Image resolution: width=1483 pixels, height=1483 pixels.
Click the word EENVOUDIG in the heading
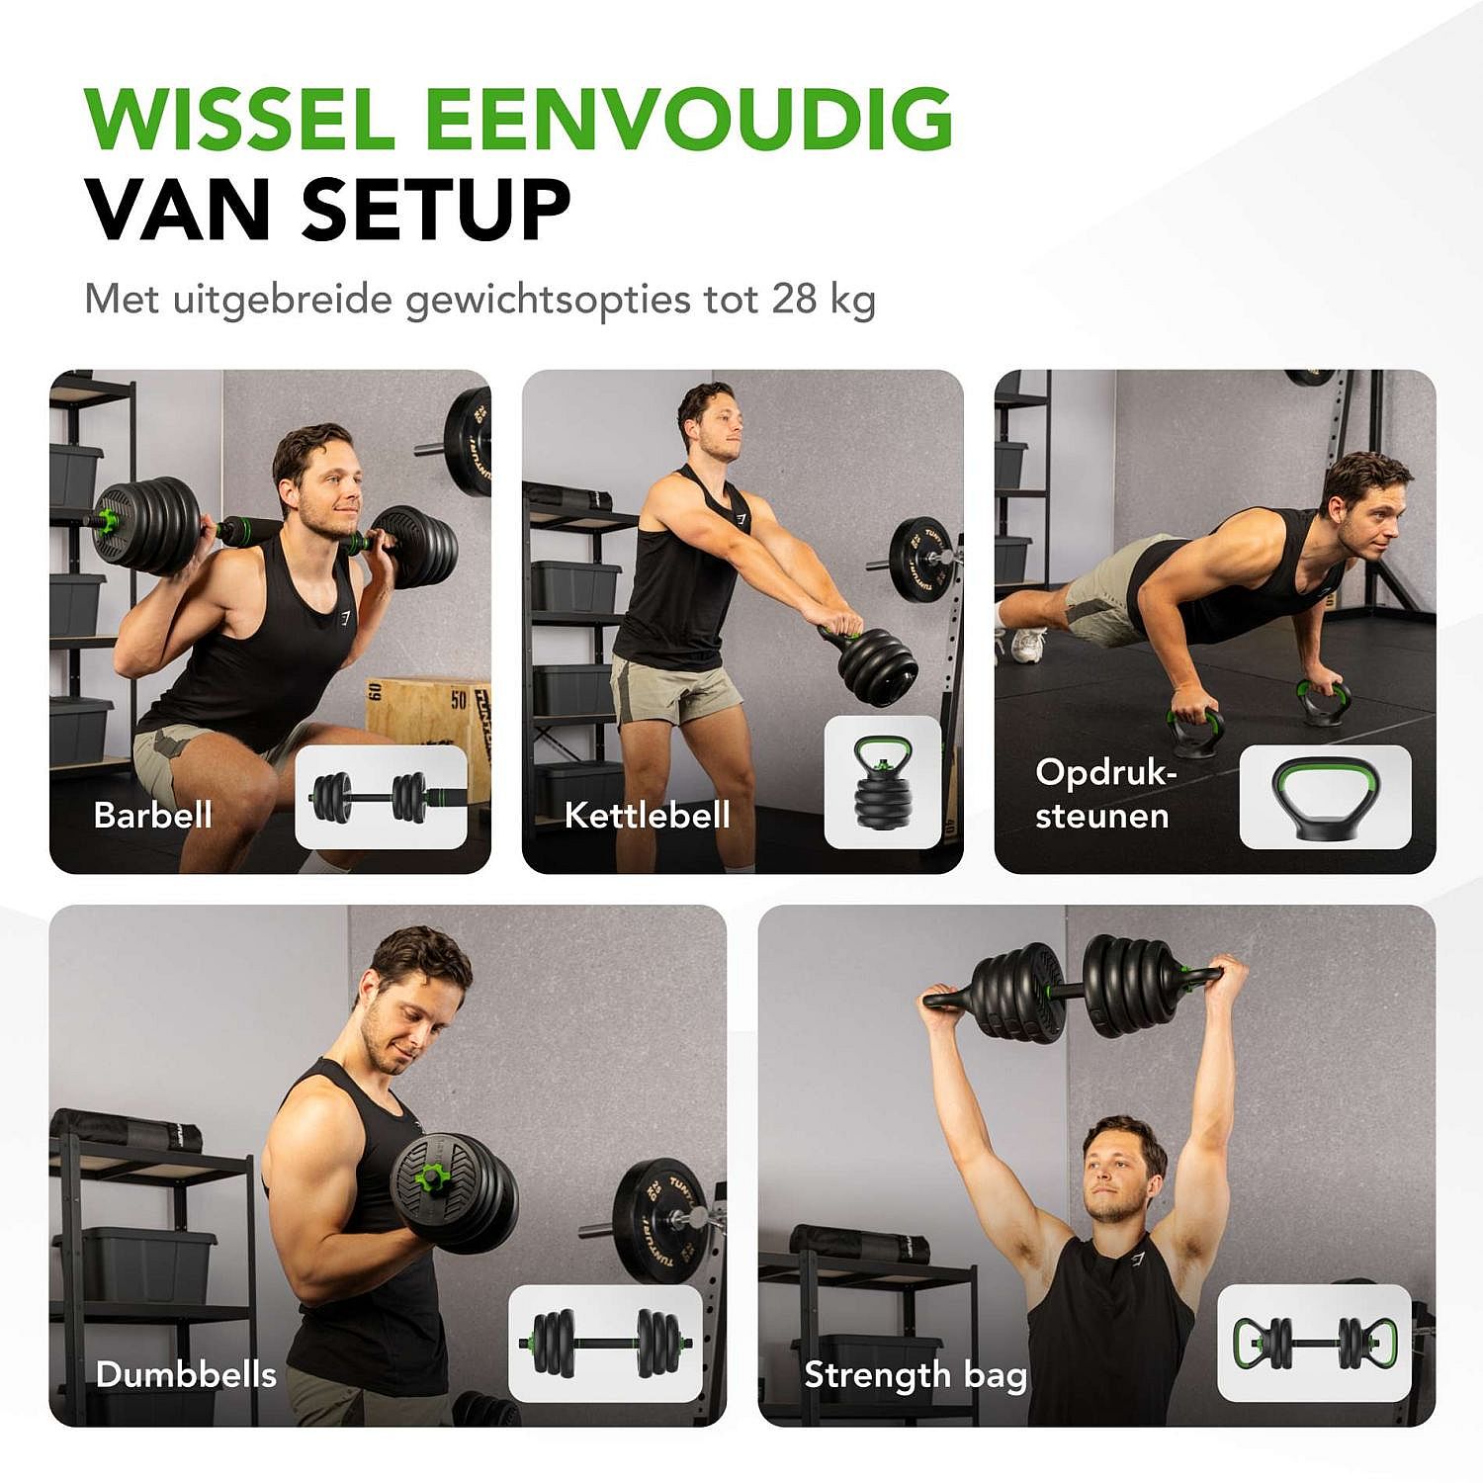[688, 120]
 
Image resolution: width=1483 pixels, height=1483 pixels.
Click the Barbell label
[152, 815]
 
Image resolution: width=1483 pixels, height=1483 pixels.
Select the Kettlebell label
[647, 815]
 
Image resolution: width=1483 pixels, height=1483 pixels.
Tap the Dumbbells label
[186, 1374]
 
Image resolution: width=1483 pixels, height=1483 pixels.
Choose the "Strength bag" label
[916, 1374]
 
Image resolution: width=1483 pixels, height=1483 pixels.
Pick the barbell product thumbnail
[381, 797]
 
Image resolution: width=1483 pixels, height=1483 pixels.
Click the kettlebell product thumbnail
[882, 782]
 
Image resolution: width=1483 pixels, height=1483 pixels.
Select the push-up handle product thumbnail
[1325, 797]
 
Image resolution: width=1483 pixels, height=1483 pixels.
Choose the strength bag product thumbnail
[1313, 1343]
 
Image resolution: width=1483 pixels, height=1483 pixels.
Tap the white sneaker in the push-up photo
[1027, 646]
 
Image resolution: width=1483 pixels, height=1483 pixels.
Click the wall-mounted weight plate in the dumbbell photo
[656, 1221]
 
